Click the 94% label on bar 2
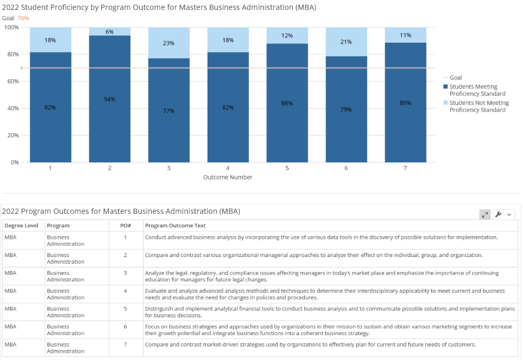[110, 99]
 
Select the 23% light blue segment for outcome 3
[169, 43]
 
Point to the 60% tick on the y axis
[12, 81]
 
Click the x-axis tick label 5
[287, 168]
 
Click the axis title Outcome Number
[228, 177]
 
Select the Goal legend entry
[455, 78]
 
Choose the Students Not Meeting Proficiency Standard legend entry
[478, 107]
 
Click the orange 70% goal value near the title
[23, 18]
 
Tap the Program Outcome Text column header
[175, 226]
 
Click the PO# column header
[125, 226]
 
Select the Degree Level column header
[21, 226]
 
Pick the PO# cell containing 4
[125, 291]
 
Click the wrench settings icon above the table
[499, 214]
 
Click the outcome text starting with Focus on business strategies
[328, 330]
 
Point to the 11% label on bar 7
[406, 35]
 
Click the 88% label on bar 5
[287, 104]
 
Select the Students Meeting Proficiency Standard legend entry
[477, 90]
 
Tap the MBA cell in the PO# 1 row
[11, 237]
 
